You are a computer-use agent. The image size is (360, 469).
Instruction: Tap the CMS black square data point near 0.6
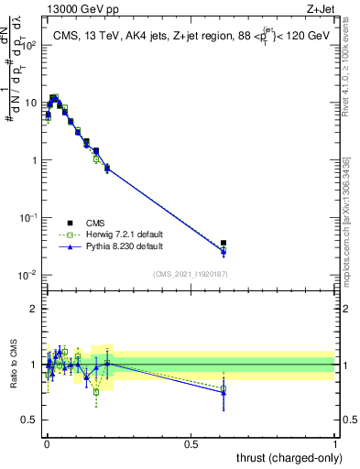coord(224,243)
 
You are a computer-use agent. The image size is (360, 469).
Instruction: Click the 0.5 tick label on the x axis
coord(191,443)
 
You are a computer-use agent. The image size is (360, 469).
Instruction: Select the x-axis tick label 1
coord(335,443)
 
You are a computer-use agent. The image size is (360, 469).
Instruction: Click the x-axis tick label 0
coord(46,443)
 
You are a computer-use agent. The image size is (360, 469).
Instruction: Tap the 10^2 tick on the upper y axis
coord(27,45)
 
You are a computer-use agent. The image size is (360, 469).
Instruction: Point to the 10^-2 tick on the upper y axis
coord(27,275)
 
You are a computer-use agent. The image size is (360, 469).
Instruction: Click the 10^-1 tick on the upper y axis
coord(27,217)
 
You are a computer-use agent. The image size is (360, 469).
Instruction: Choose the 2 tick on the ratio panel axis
coord(35,309)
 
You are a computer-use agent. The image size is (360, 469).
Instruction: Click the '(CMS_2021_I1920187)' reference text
coord(191,274)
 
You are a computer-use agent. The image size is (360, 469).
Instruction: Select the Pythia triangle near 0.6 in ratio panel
coord(224,393)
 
